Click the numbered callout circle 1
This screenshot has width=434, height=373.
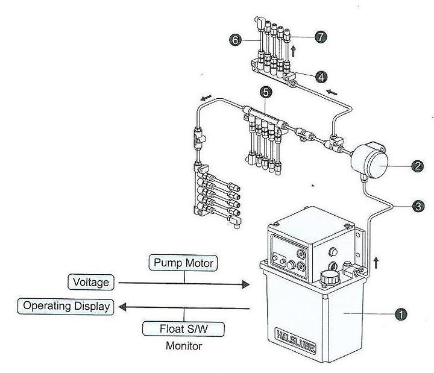pyautogui.click(x=401, y=314)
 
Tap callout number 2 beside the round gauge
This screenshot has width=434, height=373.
pyautogui.click(x=418, y=166)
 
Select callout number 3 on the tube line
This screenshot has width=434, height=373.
pyautogui.click(x=418, y=206)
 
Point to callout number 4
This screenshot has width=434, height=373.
pyautogui.click(x=321, y=77)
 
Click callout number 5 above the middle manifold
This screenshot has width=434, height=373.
pyautogui.click(x=266, y=92)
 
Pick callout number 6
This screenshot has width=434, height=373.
pyautogui.click(x=235, y=40)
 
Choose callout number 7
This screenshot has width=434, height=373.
pyautogui.click(x=321, y=37)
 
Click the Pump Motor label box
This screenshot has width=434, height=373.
pyautogui.click(x=183, y=263)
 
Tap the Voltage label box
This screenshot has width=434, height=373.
pyautogui.click(x=91, y=282)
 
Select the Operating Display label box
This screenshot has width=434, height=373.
pyautogui.click(x=66, y=306)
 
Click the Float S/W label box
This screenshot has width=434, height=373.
pyautogui.click(x=183, y=329)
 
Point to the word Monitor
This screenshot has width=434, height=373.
pyautogui.click(x=184, y=346)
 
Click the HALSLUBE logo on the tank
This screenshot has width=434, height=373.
pyautogui.click(x=295, y=340)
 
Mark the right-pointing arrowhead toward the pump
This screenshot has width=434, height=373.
pyautogui.click(x=245, y=284)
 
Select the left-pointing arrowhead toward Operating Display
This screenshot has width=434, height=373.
pyautogui.click(x=122, y=307)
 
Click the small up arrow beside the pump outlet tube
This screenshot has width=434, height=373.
pyautogui.click(x=376, y=263)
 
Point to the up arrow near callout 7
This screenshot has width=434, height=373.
pyautogui.click(x=294, y=51)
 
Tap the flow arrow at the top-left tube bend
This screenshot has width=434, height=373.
pyautogui.click(x=206, y=98)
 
